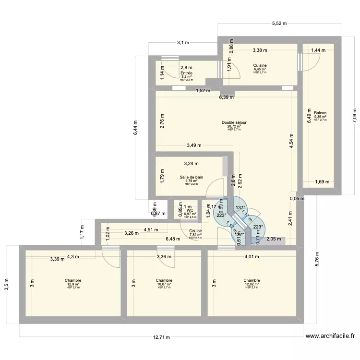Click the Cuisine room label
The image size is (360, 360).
(x=260, y=65)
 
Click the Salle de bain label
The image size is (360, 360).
(x=191, y=177)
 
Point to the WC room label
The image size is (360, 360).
(x=190, y=210)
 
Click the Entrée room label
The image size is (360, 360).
(x=186, y=73)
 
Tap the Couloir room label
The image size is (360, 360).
(x=195, y=231)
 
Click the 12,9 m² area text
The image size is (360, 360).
(x=73, y=284)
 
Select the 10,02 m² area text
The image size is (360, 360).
(x=164, y=284)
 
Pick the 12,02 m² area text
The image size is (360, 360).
(x=252, y=284)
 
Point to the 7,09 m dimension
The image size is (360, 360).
(x=355, y=115)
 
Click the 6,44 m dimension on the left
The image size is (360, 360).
(x=135, y=127)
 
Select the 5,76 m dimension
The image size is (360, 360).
(x=317, y=264)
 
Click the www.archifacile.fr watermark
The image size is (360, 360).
(x=330, y=337)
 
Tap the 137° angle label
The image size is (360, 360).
(x=240, y=208)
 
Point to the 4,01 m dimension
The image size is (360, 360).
(x=252, y=256)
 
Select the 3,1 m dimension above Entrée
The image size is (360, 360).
(x=182, y=43)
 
